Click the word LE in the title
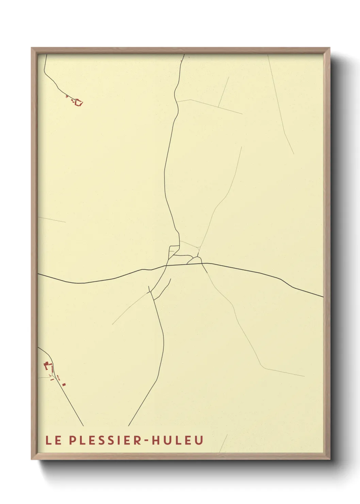coord(53,440)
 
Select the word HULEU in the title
coord(177,440)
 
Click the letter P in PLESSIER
coord(72,440)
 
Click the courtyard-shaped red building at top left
coord(79,102)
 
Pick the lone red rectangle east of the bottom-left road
coord(64,384)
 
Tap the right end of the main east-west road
coord(323,297)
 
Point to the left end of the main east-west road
coord(39,274)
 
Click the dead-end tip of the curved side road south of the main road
coord(170,279)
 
